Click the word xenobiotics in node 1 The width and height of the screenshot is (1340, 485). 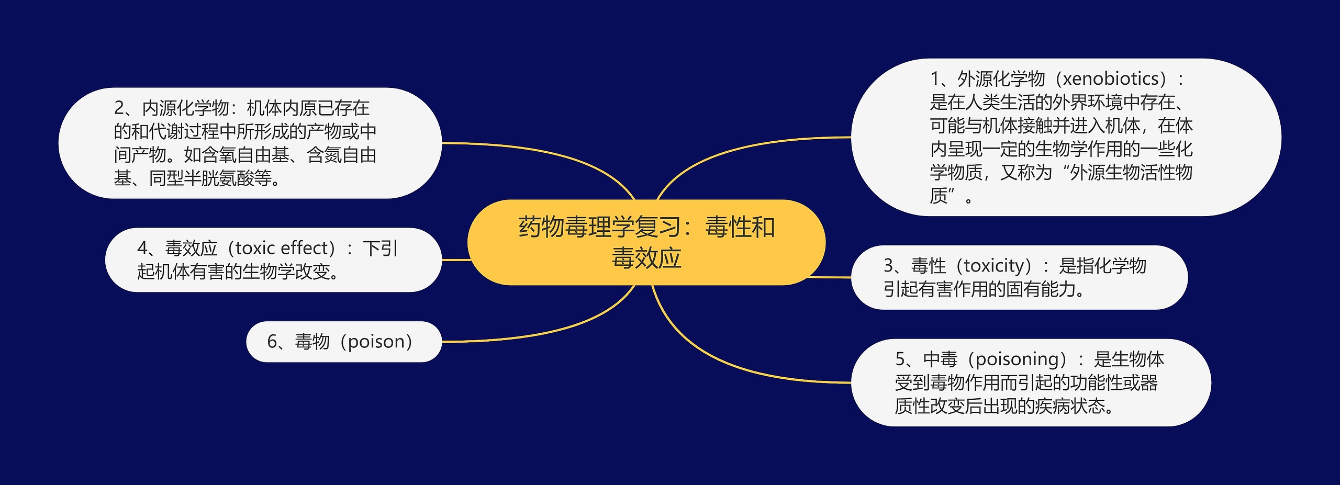pyautogui.click(x=1114, y=79)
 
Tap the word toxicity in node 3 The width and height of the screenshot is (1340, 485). pyautogui.click(x=997, y=266)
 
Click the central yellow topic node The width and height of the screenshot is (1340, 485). pyautogui.click(x=646, y=242)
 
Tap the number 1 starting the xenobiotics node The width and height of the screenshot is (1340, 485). pyautogui.click(x=935, y=79)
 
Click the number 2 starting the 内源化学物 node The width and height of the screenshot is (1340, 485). pyautogui.click(x=119, y=108)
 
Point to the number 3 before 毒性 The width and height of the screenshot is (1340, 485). pyautogui.click(x=888, y=266)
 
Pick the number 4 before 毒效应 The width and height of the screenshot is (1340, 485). pyautogui.click(x=142, y=248)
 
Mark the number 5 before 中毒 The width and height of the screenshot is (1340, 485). pyautogui.click(x=900, y=359)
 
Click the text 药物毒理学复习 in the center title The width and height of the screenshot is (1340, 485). pyautogui.click(x=599, y=228)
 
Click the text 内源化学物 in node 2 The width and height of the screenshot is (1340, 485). pyautogui.click(x=185, y=108)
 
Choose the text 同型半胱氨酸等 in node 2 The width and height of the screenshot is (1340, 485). pyautogui.click(x=210, y=179)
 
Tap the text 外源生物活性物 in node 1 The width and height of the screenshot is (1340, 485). pyautogui.click(x=1131, y=173)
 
